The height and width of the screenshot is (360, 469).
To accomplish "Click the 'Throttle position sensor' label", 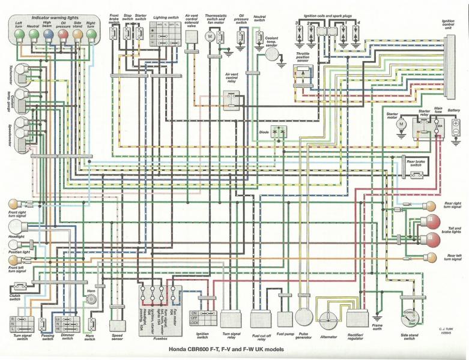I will (x=301, y=57).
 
